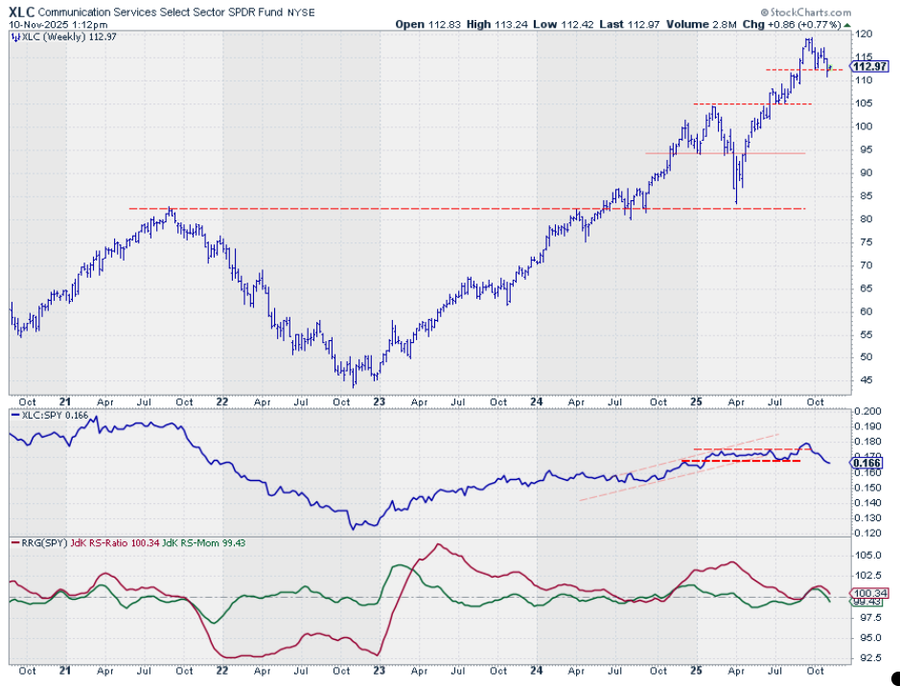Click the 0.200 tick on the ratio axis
(x=867, y=410)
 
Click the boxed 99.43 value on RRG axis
(x=866, y=602)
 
